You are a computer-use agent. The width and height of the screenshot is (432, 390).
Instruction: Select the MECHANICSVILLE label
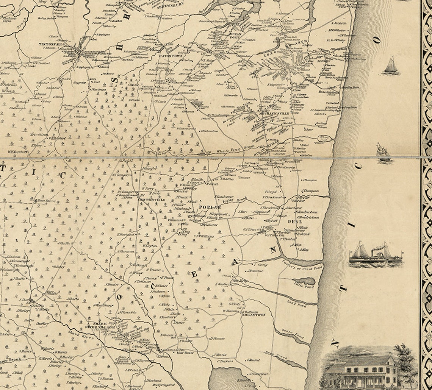tap(274, 113)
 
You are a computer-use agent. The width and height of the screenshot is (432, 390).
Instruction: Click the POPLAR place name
tap(210, 207)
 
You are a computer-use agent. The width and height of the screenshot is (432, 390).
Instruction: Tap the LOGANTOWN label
tap(254, 315)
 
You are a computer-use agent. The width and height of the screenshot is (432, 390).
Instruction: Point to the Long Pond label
tap(296, 304)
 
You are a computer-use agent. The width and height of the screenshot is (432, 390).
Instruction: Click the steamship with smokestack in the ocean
tap(375, 255)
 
